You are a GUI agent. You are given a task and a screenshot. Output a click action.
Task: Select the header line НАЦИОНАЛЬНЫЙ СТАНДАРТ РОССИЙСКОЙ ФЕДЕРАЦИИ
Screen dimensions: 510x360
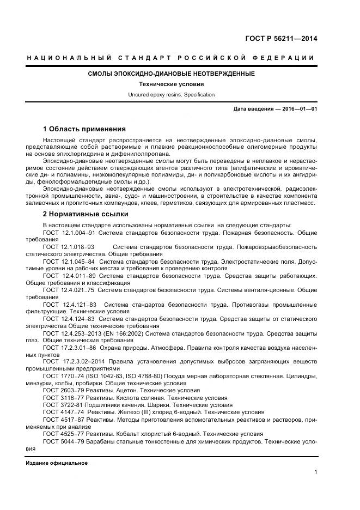(171, 58)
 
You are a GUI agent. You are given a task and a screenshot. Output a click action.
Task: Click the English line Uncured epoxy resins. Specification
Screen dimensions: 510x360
(171, 95)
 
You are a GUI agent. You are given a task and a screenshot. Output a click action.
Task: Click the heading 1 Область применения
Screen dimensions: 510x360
(84, 129)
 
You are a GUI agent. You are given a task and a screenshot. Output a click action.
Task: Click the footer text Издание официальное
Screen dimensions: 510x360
(57, 463)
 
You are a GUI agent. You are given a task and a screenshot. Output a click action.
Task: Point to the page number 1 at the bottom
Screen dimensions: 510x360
(315, 472)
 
